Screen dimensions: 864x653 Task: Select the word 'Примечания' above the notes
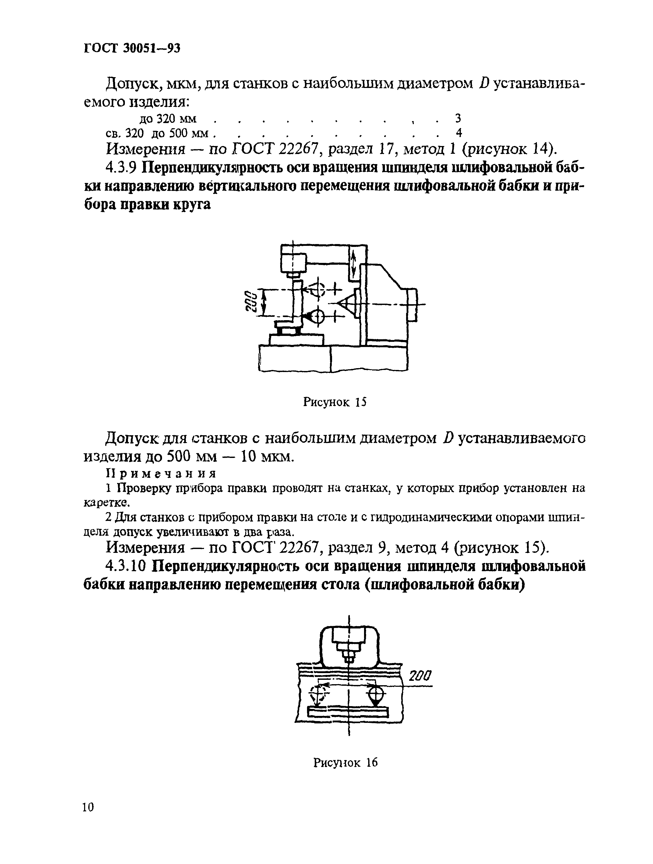click(161, 474)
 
